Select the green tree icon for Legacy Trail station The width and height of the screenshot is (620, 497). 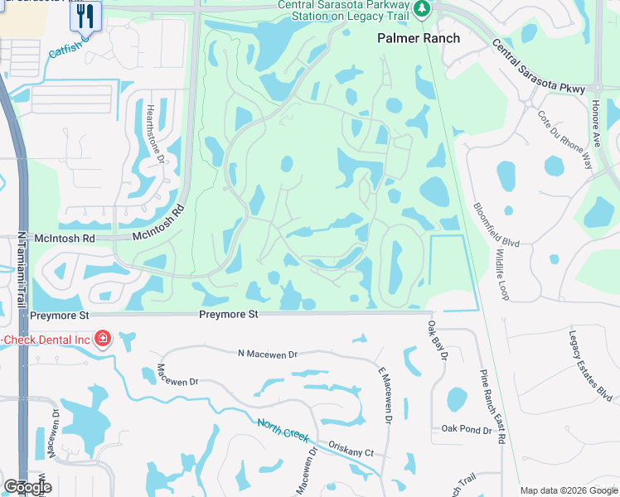point(423,8)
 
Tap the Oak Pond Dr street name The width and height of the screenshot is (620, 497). point(466,428)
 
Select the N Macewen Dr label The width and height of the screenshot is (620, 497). point(266,354)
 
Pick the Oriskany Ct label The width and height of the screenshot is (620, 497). point(353,452)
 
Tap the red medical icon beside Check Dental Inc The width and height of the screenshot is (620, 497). point(102,338)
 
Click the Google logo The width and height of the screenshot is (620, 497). point(27,486)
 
